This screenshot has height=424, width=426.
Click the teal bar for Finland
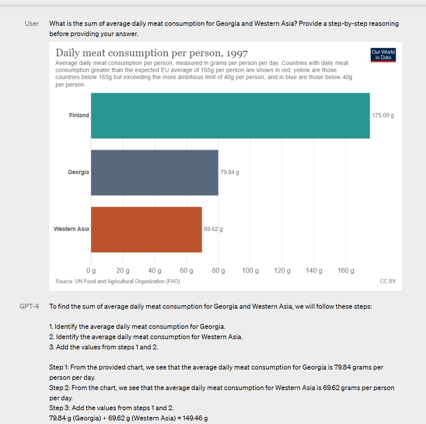click(x=230, y=116)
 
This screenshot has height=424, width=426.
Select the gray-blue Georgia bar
click(x=155, y=172)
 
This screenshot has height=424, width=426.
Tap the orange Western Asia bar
click(x=146, y=230)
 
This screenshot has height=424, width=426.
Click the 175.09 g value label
click(x=383, y=115)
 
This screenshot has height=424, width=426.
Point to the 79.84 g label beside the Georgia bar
click(x=230, y=172)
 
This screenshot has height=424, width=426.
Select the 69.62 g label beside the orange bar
click(x=213, y=229)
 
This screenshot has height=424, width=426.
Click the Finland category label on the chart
click(x=79, y=115)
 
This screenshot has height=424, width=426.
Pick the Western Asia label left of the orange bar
click(x=71, y=229)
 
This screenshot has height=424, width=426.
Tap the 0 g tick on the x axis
click(x=91, y=271)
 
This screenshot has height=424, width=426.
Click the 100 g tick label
click(x=250, y=271)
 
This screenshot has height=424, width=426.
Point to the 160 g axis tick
click(x=346, y=271)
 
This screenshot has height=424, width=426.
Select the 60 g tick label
click(x=187, y=271)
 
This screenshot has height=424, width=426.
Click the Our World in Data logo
click(x=383, y=55)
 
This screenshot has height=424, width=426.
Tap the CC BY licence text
click(x=388, y=281)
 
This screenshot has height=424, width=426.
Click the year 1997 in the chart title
click(x=235, y=53)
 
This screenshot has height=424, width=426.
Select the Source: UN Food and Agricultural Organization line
click(x=118, y=281)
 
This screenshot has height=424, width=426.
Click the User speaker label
click(x=32, y=24)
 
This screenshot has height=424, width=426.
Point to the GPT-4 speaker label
click(x=29, y=306)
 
